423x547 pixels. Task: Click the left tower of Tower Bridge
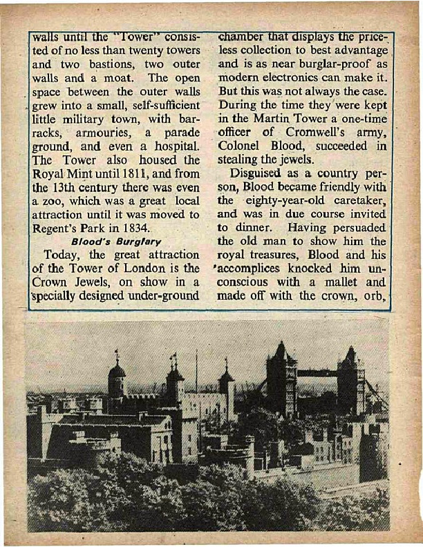pos(281,376)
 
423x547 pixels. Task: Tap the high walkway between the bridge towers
pos(317,374)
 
